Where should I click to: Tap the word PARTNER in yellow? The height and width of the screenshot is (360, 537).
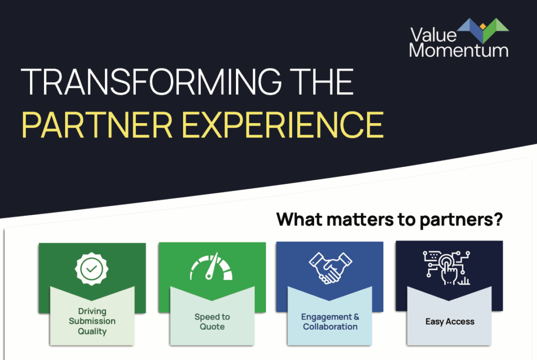(x=97, y=125)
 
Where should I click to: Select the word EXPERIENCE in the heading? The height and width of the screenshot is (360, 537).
(x=283, y=125)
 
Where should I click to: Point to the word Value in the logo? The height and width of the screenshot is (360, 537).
(x=434, y=35)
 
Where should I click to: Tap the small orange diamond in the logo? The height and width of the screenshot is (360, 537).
(x=483, y=26)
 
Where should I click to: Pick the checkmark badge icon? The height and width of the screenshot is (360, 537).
(x=92, y=269)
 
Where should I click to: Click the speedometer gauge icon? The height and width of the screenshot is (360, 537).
(x=211, y=267)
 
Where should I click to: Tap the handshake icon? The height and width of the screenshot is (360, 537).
(x=330, y=268)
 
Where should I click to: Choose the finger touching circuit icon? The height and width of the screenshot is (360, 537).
(x=447, y=268)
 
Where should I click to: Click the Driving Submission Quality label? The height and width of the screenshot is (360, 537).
(x=92, y=321)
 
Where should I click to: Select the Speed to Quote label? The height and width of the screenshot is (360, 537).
(x=212, y=322)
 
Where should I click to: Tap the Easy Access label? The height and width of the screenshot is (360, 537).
(x=449, y=322)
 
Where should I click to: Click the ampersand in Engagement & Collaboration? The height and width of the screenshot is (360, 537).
(x=357, y=317)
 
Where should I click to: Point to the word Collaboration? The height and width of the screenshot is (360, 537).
(x=330, y=327)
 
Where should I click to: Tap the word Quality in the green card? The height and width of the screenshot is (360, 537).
(x=92, y=331)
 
